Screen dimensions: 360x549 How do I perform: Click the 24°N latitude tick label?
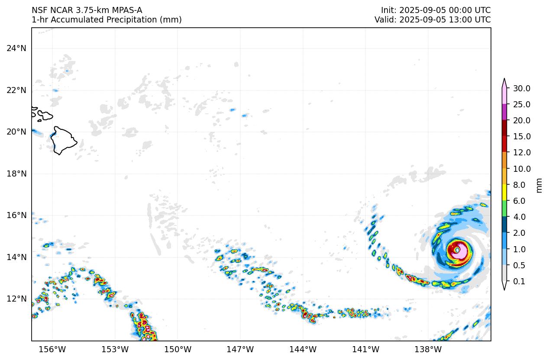pos(16,48)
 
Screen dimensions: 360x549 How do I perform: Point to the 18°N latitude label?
pos(16,174)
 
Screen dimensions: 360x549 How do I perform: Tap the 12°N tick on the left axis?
pos(16,299)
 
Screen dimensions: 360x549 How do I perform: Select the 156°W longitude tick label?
pos(52,349)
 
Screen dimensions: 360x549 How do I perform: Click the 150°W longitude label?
pos(178,349)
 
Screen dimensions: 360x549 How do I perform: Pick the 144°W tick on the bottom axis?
pos(303,349)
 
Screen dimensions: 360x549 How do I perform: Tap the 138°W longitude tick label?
pos(428,349)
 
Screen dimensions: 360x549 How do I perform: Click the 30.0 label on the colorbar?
pos(521,88)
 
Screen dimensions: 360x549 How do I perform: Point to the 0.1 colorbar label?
pos(519,281)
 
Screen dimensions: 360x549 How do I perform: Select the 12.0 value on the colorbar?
pos(521,152)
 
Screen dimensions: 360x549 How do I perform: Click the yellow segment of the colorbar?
pos(504,192)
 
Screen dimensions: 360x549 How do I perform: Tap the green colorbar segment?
pos(504,209)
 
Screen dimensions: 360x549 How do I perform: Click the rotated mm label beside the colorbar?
pos(539,185)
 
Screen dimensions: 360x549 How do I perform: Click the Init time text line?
pos(436,10)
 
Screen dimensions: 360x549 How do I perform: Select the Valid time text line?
pos(433,19)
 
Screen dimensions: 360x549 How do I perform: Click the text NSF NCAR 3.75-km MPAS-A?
pos(87,10)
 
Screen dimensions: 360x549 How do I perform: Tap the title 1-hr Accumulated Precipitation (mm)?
pos(107,19)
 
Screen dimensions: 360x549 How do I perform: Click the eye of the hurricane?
pos(457,250)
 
